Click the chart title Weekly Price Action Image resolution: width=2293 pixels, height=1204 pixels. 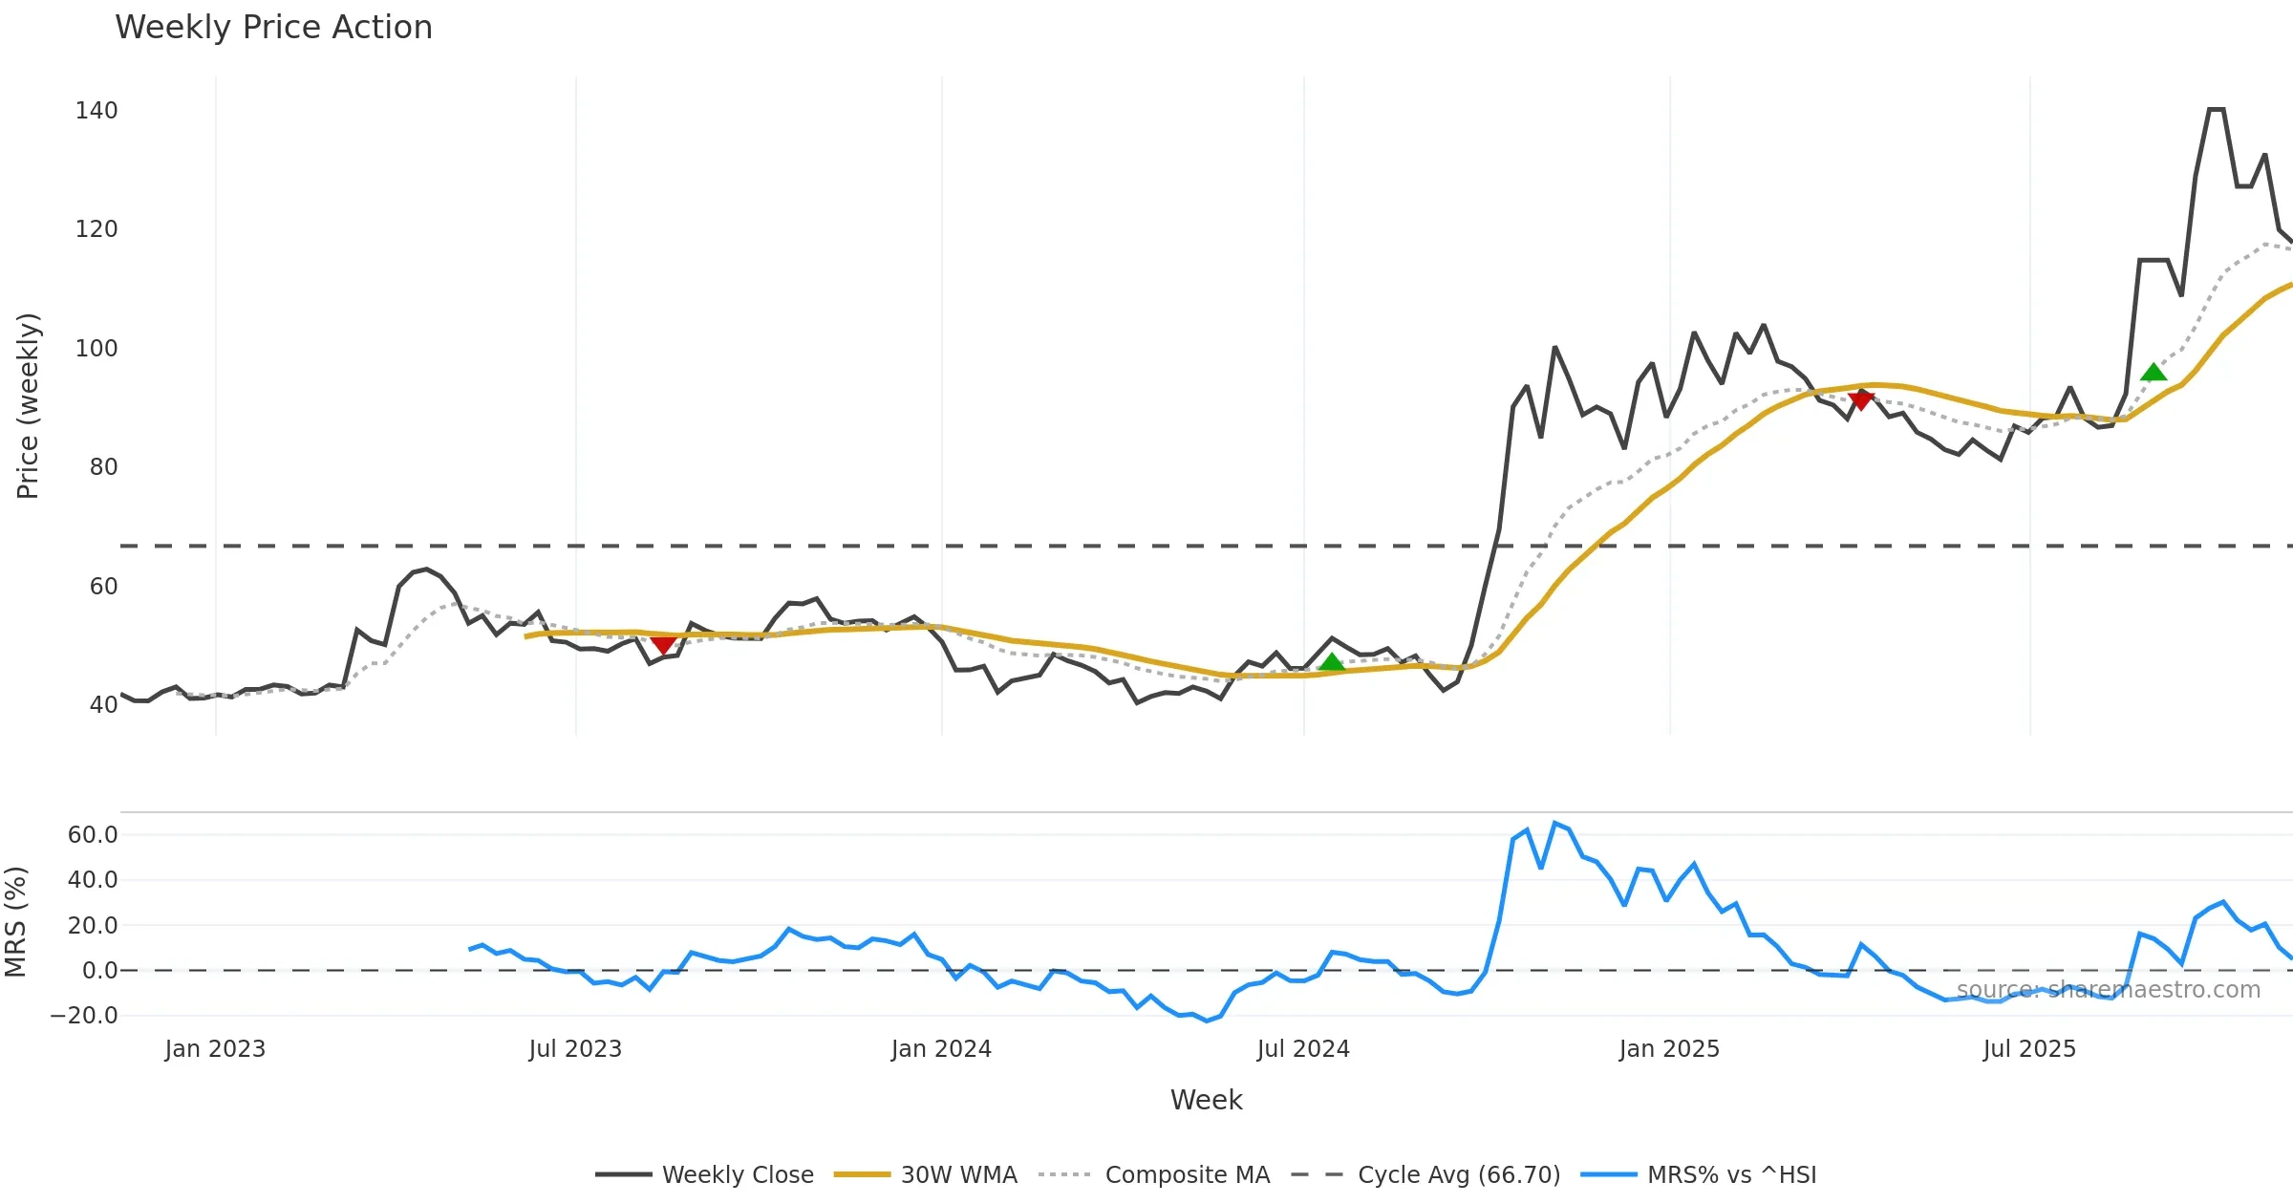(273, 28)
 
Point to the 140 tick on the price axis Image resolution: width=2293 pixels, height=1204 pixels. (96, 111)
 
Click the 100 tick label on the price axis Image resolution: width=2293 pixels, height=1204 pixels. (96, 348)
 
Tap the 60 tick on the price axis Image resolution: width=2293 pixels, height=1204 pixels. (103, 586)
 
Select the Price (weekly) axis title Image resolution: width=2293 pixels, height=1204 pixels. (28, 406)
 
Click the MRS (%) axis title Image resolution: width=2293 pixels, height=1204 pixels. (15, 922)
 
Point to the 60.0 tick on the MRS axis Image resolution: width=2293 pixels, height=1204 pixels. (93, 834)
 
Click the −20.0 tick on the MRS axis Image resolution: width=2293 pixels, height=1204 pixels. (85, 1015)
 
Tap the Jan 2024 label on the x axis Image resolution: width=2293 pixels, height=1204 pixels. (941, 1049)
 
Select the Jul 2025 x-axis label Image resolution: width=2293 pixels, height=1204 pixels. (2029, 1049)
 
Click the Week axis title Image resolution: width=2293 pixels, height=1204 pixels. (1206, 1100)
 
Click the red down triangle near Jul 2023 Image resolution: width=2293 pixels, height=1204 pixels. (663, 645)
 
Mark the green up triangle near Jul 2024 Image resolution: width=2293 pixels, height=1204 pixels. (1331, 662)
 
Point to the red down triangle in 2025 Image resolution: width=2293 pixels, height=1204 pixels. (1860, 400)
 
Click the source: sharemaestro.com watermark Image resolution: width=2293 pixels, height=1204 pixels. (2109, 990)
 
